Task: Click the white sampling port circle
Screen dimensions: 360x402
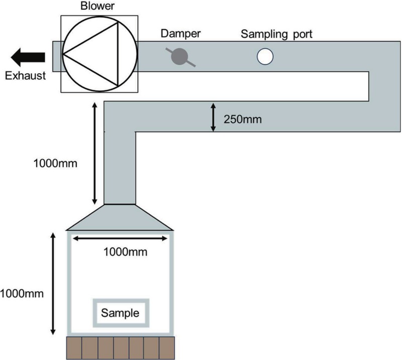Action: pos(264,56)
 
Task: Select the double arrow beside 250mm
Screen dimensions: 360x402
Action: pos(213,117)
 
